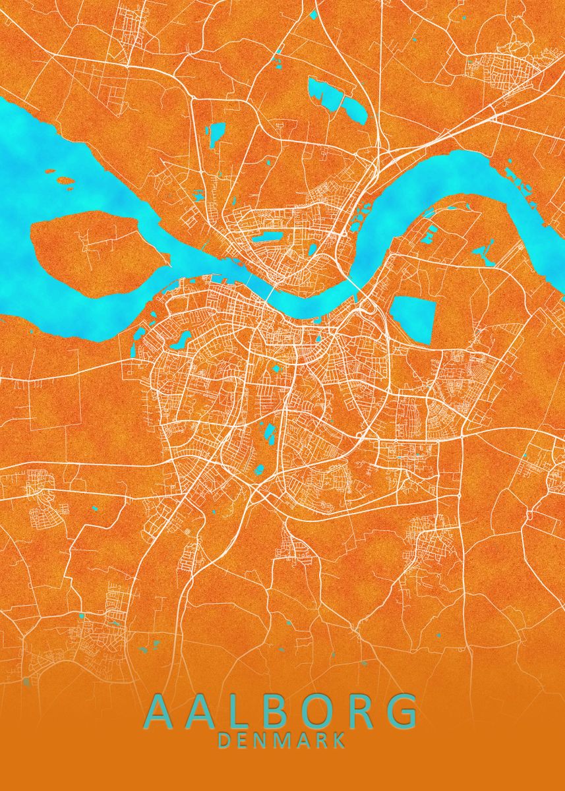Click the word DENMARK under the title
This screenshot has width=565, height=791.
[x=282, y=740]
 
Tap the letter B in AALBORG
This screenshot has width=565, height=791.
[x=263, y=711]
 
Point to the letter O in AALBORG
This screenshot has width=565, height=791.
[x=311, y=711]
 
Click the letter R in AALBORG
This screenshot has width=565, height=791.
[x=357, y=711]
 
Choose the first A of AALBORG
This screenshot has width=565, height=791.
[x=161, y=711]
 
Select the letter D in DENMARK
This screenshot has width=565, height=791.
[x=223, y=740]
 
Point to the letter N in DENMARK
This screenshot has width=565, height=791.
[x=262, y=740]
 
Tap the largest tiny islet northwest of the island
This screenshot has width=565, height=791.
[x=65, y=180]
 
